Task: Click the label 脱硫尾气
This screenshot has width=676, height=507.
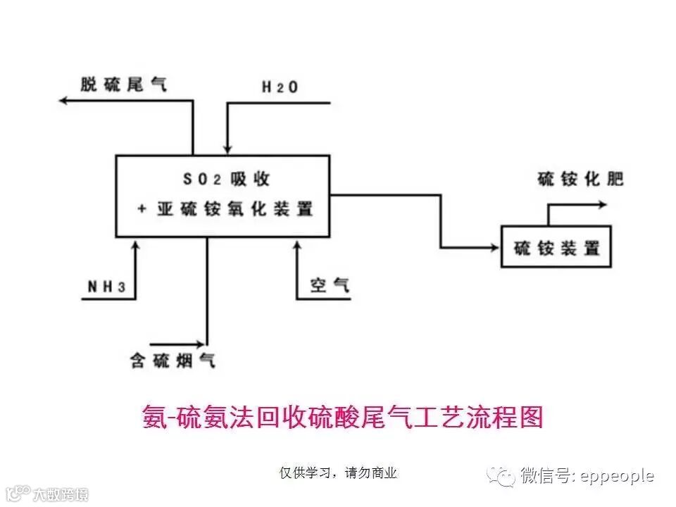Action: pos(124,85)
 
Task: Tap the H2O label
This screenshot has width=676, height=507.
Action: pos(280,87)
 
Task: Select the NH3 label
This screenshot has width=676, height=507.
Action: pos(106,287)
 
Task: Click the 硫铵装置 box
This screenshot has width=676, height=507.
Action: pos(556,246)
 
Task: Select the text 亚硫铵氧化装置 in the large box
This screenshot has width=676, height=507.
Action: pos(225,209)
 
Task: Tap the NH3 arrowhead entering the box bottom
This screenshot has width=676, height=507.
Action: pos(136,244)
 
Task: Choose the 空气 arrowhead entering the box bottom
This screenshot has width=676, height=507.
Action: pos(296,244)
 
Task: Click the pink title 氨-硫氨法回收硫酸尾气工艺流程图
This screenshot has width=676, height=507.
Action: pos(343,417)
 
